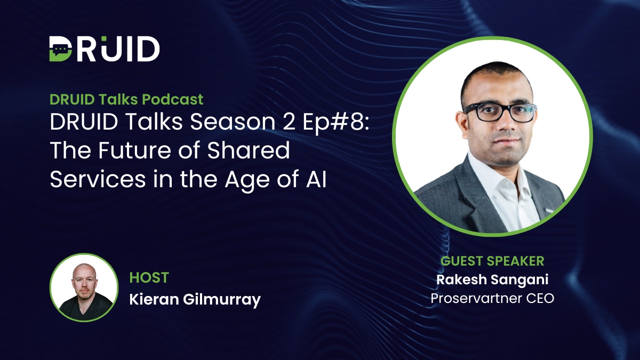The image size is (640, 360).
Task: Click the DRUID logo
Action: pyautogui.click(x=105, y=49)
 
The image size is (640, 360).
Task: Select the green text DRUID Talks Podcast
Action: pyautogui.click(x=126, y=99)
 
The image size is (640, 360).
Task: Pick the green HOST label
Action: pyautogui.click(x=149, y=278)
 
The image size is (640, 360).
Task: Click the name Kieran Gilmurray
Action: pyautogui.click(x=195, y=299)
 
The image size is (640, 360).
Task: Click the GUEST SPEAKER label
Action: pyautogui.click(x=492, y=261)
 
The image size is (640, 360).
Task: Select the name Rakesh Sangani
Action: pyautogui.click(x=492, y=279)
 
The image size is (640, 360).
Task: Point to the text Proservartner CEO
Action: pyautogui.click(x=492, y=298)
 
